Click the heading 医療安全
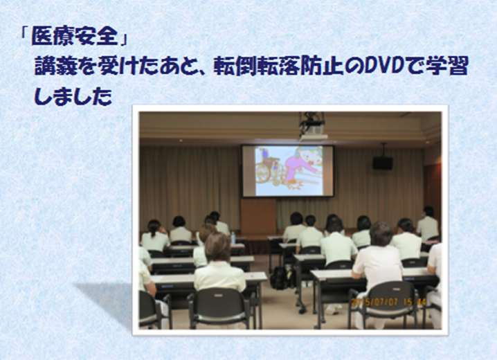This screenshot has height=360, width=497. [x=75, y=36]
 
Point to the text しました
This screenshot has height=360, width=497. [x=73, y=96]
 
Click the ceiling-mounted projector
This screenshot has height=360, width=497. [x=312, y=126]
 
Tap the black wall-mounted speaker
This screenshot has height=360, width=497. [x=383, y=163]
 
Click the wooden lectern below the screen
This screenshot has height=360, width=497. [x=258, y=217]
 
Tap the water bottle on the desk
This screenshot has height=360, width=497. [x=233, y=237]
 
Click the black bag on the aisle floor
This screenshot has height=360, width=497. [x=280, y=278]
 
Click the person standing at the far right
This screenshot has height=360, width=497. [x=428, y=223]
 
